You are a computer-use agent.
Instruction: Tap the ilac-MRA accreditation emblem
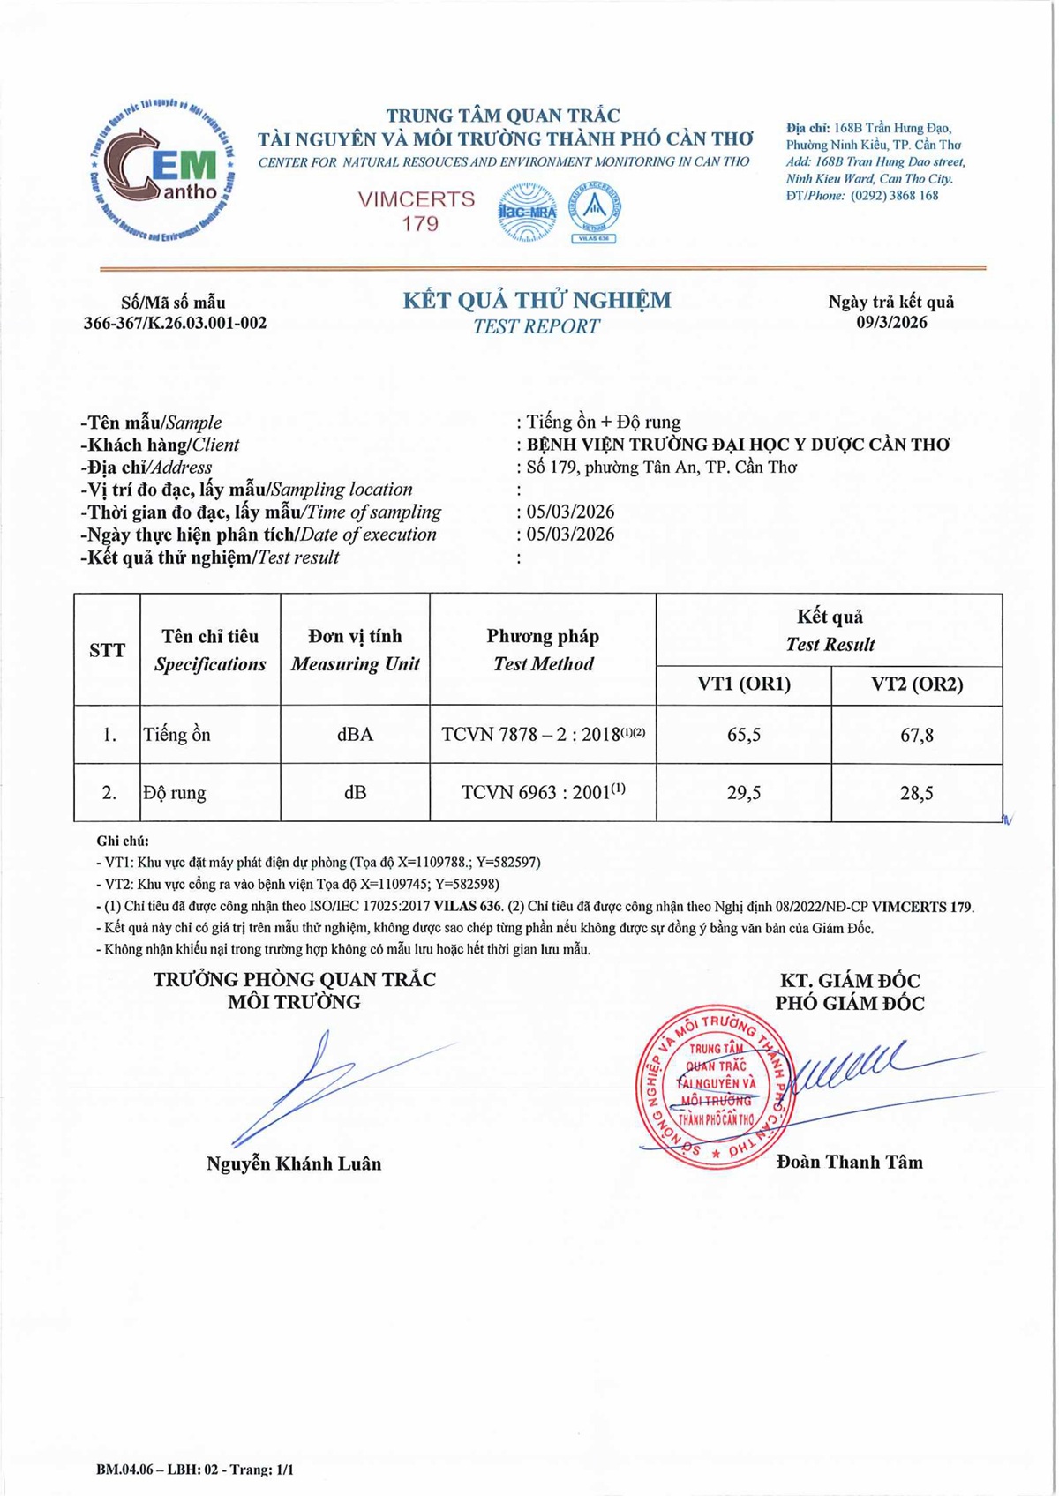(527, 213)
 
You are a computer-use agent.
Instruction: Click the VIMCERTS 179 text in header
(417, 211)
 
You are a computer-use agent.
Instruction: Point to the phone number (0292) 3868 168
(894, 196)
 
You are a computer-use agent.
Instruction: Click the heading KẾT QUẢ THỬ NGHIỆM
(537, 301)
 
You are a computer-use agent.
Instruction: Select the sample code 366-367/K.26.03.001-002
(175, 323)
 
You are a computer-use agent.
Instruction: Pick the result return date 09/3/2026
(891, 322)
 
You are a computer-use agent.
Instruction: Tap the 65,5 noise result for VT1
(744, 735)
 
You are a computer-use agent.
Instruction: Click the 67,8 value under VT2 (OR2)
(916, 735)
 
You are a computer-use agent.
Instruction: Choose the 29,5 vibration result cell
(744, 793)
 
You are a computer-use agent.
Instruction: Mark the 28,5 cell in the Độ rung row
(916, 793)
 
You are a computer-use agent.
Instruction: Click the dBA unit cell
(355, 735)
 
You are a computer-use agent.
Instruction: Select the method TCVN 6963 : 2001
(543, 793)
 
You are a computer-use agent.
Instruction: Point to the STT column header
(107, 651)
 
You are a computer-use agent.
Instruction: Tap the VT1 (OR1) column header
(744, 684)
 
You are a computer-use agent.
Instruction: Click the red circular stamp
(716, 1086)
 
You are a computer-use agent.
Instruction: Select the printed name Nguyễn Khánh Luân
(294, 1164)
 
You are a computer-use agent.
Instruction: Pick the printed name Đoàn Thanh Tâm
(850, 1163)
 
